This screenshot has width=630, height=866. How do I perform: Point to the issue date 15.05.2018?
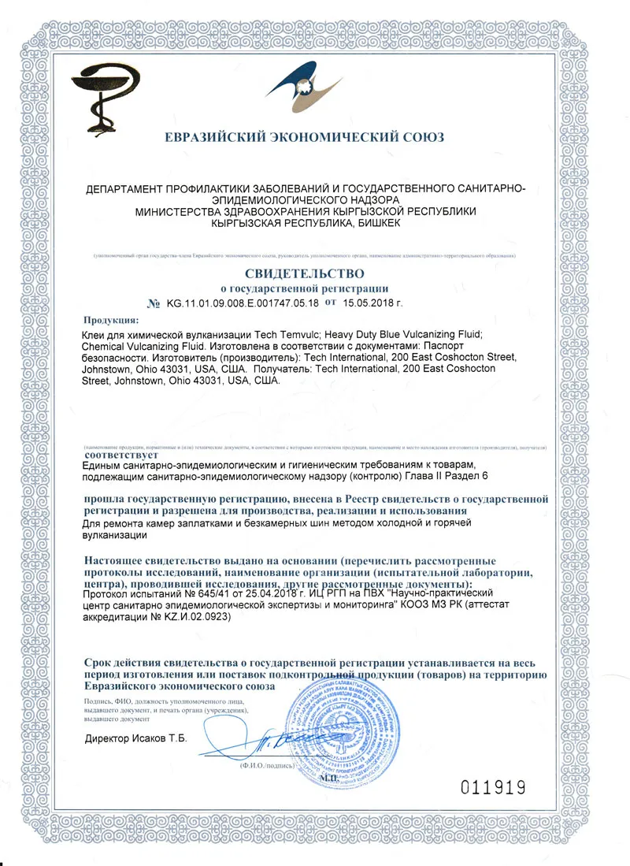[x=372, y=303]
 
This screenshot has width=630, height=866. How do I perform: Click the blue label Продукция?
[x=110, y=320]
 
